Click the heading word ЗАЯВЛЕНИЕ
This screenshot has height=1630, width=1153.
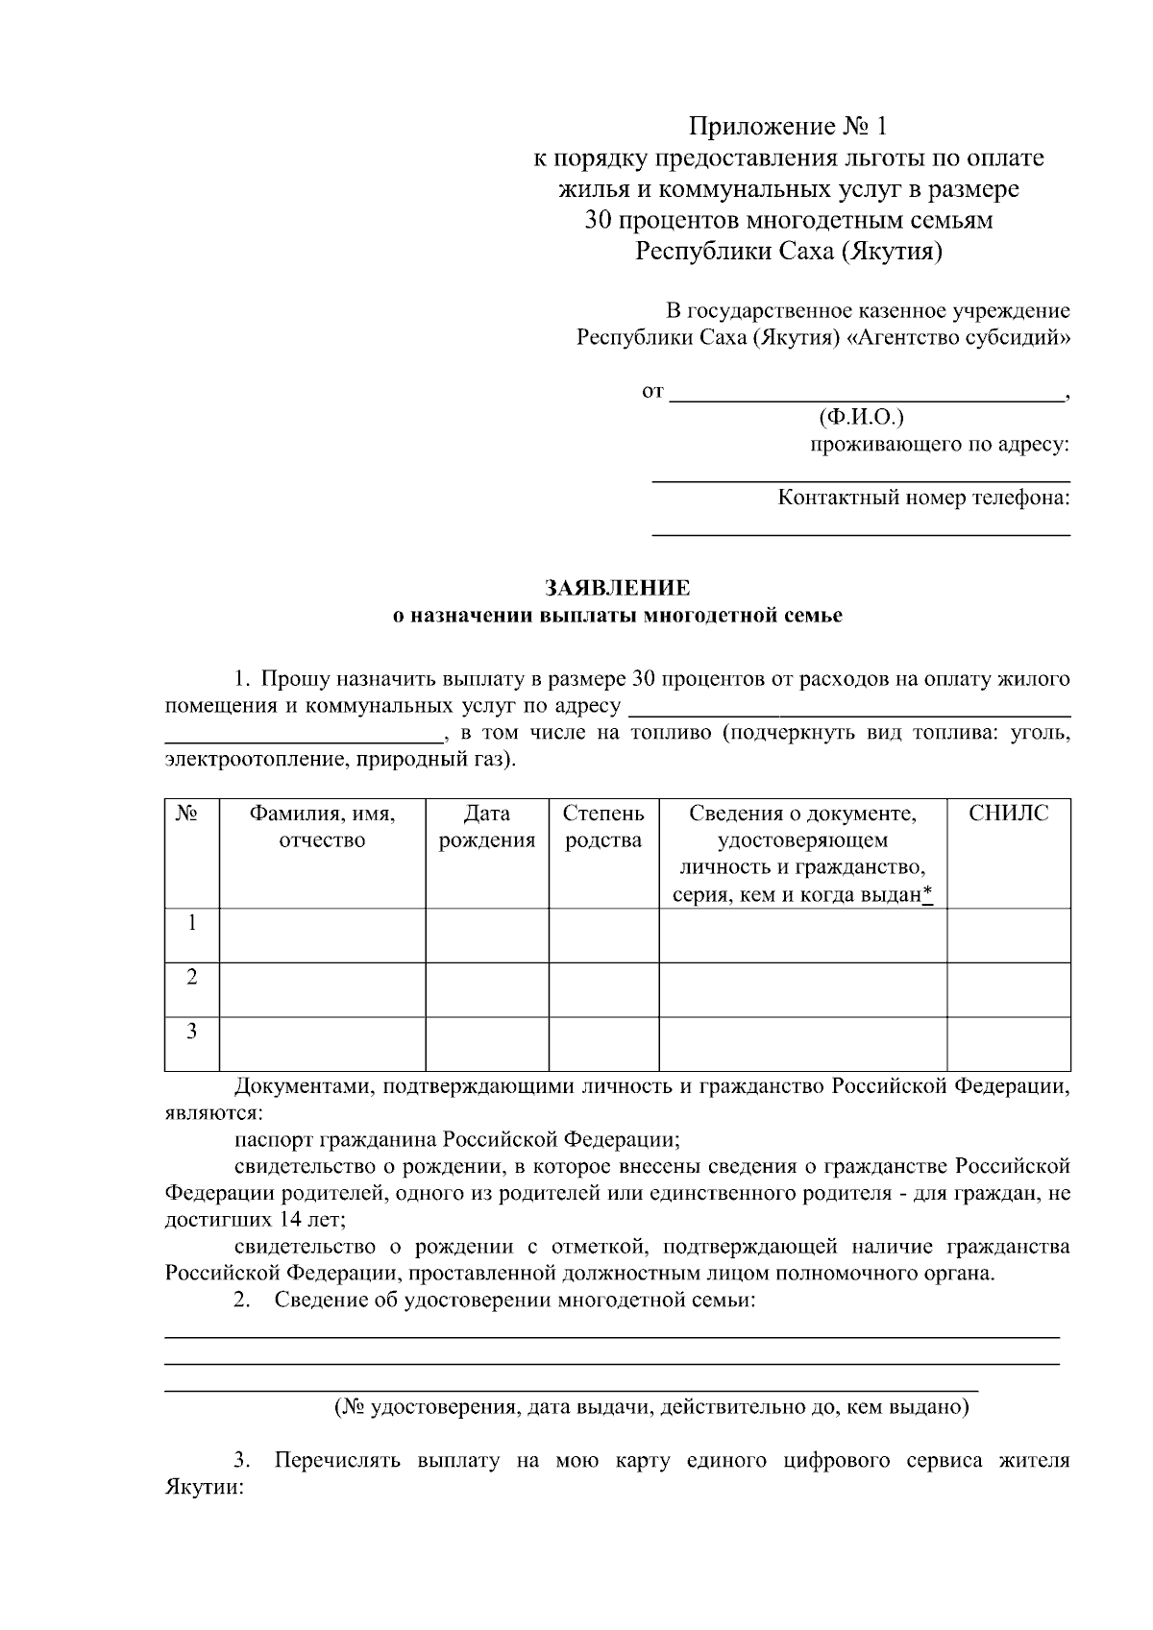(x=617, y=588)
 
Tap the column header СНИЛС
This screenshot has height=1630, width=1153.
(x=1008, y=815)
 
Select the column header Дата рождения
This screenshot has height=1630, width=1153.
(x=486, y=827)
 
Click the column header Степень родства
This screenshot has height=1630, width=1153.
(x=603, y=827)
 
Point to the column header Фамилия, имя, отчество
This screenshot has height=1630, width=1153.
(x=322, y=827)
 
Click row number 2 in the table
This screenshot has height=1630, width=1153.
(x=192, y=978)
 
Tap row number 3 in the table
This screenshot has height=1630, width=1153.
(x=192, y=1032)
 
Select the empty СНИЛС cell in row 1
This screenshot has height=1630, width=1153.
(x=1008, y=935)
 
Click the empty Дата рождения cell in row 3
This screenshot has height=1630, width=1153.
(x=486, y=1043)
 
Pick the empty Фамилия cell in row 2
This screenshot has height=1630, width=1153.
(x=322, y=989)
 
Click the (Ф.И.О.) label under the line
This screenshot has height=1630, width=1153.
(x=861, y=418)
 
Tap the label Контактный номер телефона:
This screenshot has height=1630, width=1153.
(x=923, y=498)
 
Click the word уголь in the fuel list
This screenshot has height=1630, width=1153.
(x=1042, y=734)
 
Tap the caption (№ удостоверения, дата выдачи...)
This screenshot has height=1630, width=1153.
(x=651, y=1408)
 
